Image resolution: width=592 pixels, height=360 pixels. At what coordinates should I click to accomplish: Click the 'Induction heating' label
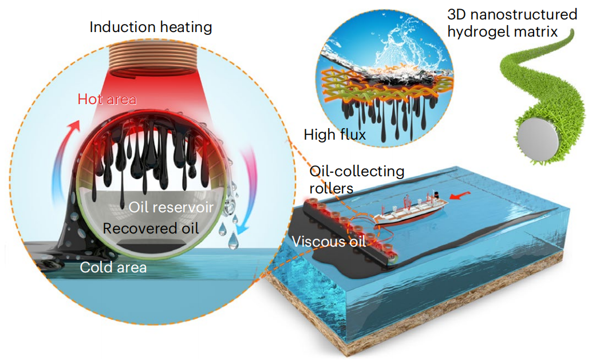(x=151, y=27)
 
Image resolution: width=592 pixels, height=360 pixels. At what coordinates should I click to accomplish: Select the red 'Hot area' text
(x=107, y=99)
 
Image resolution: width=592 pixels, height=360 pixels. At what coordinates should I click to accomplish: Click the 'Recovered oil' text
(x=151, y=228)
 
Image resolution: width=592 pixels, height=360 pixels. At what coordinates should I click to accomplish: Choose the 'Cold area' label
(x=113, y=267)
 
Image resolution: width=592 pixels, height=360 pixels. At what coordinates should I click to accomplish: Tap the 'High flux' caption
(x=335, y=136)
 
